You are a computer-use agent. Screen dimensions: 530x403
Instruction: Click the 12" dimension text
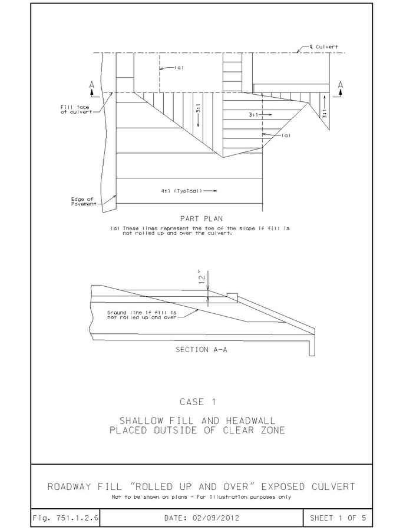(x=201, y=276)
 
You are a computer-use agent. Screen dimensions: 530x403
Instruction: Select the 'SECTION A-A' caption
(x=200, y=349)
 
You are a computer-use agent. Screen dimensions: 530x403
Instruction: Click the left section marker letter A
(x=92, y=85)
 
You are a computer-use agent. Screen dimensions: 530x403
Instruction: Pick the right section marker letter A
(x=341, y=85)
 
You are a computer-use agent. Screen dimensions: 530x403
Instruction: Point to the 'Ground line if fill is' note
(x=142, y=312)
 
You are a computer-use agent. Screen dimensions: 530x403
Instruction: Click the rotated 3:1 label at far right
(x=324, y=114)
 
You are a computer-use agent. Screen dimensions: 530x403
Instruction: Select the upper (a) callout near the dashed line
(x=179, y=67)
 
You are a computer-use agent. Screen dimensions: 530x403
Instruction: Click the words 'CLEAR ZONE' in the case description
(x=253, y=430)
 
